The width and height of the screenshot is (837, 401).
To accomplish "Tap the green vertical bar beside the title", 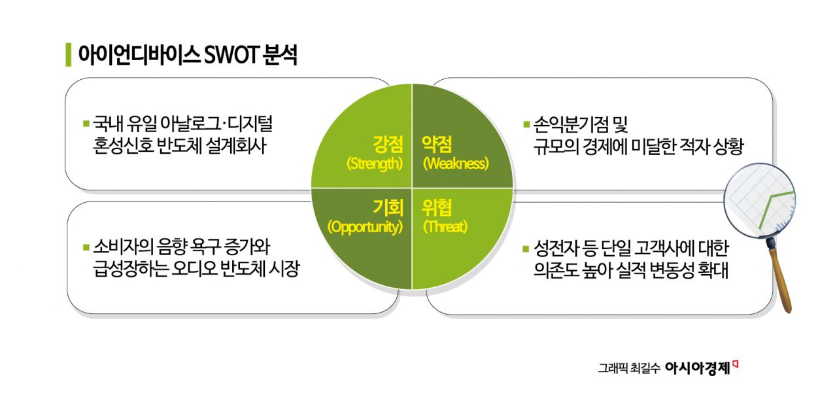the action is click(68, 55).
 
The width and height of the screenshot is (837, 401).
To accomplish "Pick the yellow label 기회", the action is click(388, 209).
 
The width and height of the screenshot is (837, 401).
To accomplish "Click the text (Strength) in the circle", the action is click(374, 164).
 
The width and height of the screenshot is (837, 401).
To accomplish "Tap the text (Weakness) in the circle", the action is click(456, 164).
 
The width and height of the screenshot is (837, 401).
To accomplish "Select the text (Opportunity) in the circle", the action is click(365, 227).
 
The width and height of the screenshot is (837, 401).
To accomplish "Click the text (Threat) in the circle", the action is click(445, 227).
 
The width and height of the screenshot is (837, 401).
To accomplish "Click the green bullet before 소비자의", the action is click(86, 248).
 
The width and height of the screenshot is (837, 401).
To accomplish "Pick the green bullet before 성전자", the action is click(526, 249).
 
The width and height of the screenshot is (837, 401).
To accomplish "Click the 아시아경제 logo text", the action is click(696, 368).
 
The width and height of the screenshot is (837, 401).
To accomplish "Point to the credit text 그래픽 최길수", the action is click(627, 369).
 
